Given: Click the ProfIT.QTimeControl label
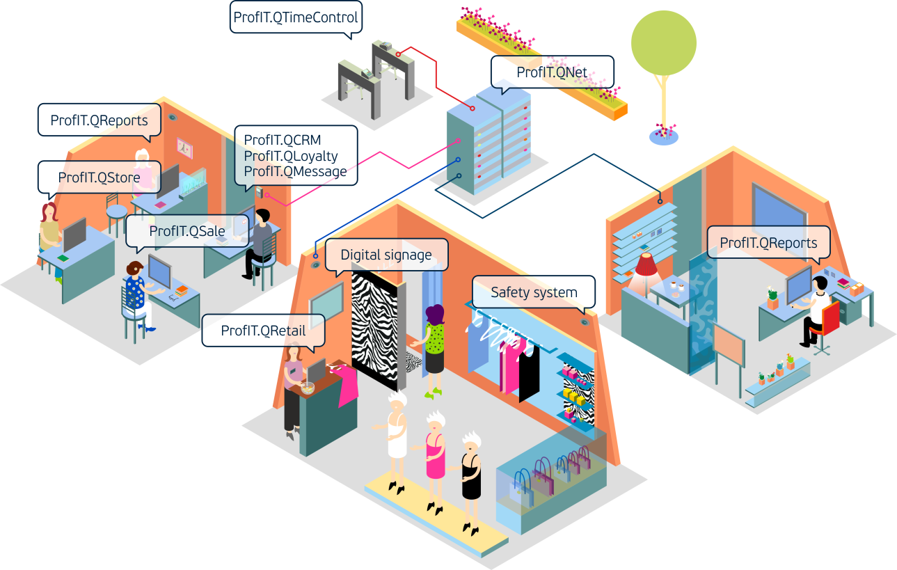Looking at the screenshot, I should pyautogui.click(x=296, y=17).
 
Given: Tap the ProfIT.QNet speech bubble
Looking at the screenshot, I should pyautogui.click(x=553, y=72).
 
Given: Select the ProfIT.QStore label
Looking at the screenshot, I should pyautogui.click(x=99, y=177).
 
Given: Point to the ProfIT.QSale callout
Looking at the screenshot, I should pyautogui.click(x=186, y=231).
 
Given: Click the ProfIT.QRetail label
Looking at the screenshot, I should pyautogui.click(x=263, y=331).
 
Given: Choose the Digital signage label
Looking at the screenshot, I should pyautogui.click(x=386, y=255).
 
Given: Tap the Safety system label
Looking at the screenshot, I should pyautogui.click(x=534, y=292).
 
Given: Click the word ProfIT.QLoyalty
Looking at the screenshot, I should pyautogui.click(x=291, y=156).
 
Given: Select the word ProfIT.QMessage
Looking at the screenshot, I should pyautogui.click(x=295, y=171).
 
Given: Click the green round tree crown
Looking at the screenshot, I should pyautogui.click(x=663, y=43).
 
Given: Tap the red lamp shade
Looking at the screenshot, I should pyautogui.click(x=647, y=264).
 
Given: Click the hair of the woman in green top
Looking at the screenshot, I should pyautogui.click(x=436, y=315).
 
